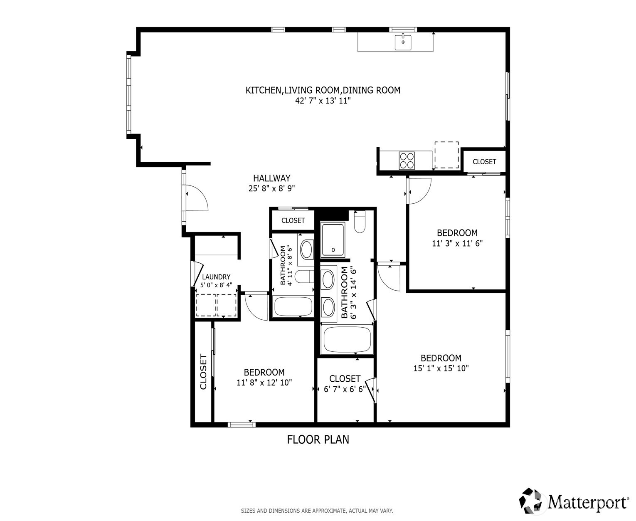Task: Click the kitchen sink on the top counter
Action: tap(402, 42)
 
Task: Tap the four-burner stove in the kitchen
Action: tap(407, 160)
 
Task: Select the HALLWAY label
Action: tap(271, 178)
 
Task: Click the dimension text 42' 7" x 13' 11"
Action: tap(323, 101)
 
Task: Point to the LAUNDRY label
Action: tap(216, 277)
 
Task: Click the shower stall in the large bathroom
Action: tap(333, 240)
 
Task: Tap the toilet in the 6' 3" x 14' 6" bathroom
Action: tap(359, 222)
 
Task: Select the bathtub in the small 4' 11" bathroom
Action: tap(293, 306)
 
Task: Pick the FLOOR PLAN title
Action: tap(318, 440)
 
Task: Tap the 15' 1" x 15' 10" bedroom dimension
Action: tap(441, 368)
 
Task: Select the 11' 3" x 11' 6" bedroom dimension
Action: tap(457, 243)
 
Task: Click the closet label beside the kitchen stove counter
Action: tap(484, 162)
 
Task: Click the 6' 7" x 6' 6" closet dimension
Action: tap(345, 389)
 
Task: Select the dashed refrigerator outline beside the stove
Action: tap(446, 155)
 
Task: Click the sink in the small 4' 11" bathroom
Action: tap(307, 249)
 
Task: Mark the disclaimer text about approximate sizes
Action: tap(317, 511)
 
